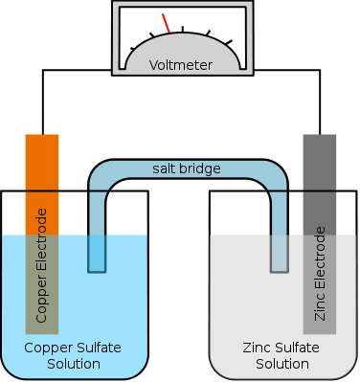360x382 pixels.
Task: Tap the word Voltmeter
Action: [x=181, y=66]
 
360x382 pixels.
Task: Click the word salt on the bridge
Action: [x=166, y=169]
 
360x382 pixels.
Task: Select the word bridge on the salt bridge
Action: [x=201, y=169]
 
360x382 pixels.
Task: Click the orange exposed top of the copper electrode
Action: [x=42, y=163]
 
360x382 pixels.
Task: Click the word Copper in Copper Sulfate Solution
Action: [x=44, y=348]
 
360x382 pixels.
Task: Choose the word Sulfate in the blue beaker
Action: [x=96, y=348]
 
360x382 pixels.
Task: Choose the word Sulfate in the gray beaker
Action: [x=296, y=348]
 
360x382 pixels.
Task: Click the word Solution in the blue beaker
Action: [x=74, y=364]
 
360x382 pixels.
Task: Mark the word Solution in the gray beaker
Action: [x=281, y=364]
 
